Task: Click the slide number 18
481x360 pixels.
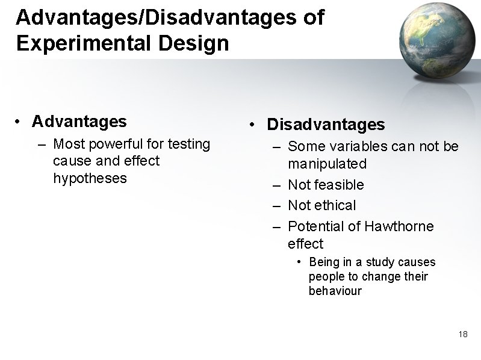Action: (x=463, y=334)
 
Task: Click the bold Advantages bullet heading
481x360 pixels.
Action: (x=79, y=122)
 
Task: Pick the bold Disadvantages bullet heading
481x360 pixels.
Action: (x=325, y=125)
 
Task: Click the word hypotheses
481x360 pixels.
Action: (x=90, y=178)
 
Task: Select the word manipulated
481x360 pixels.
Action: (x=327, y=164)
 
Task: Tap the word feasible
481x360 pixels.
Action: (x=339, y=185)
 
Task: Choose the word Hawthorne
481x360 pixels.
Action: (x=399, y=226)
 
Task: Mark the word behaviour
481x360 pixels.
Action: (x=335, y=291)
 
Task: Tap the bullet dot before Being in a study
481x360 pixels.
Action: (x=299, y=262)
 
